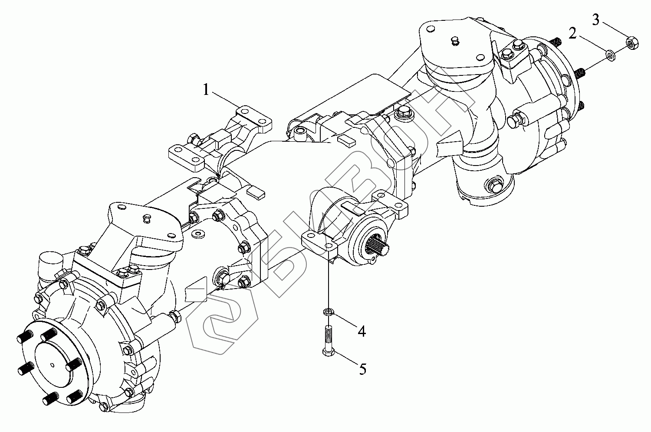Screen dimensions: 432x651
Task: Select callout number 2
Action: (573, 33)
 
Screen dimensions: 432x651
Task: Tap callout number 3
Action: (596, 19)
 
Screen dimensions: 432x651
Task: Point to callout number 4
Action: (361, 331)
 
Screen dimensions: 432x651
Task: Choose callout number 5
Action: (362, 369)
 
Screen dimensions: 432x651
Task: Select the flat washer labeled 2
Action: (610, 54)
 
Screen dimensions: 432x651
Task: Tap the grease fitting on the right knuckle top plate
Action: (454, 41)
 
